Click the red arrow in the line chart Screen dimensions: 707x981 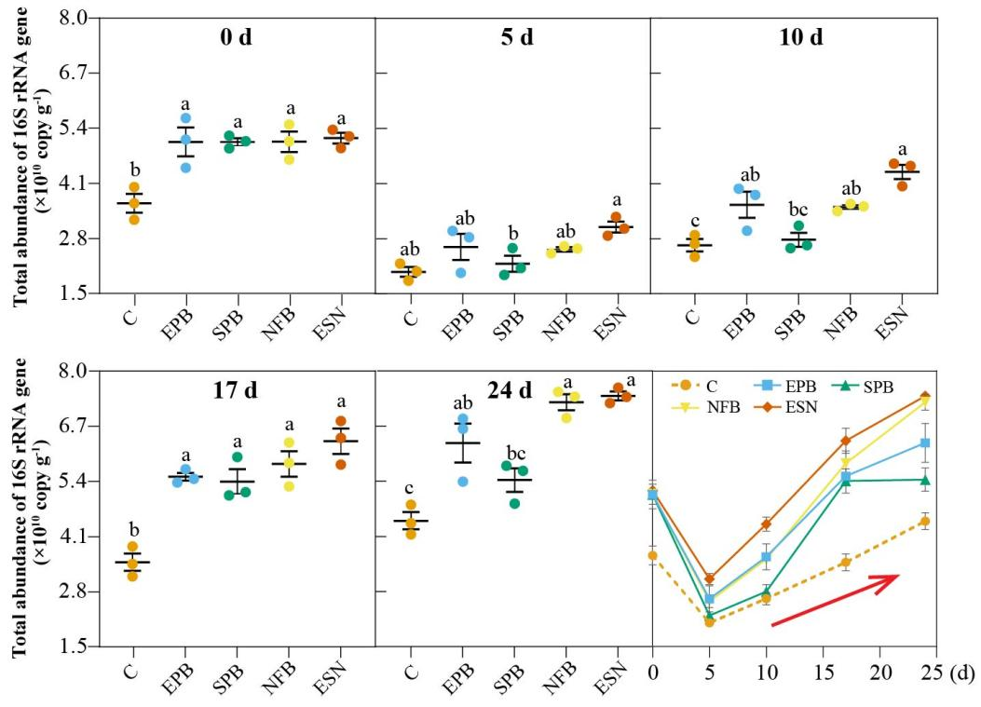click(835, 602)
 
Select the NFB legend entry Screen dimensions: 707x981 click(699, 406)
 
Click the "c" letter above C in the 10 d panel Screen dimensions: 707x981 click(695, 220)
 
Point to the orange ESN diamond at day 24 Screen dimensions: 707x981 click(925, 397)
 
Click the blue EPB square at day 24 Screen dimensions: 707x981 click(925, 443)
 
